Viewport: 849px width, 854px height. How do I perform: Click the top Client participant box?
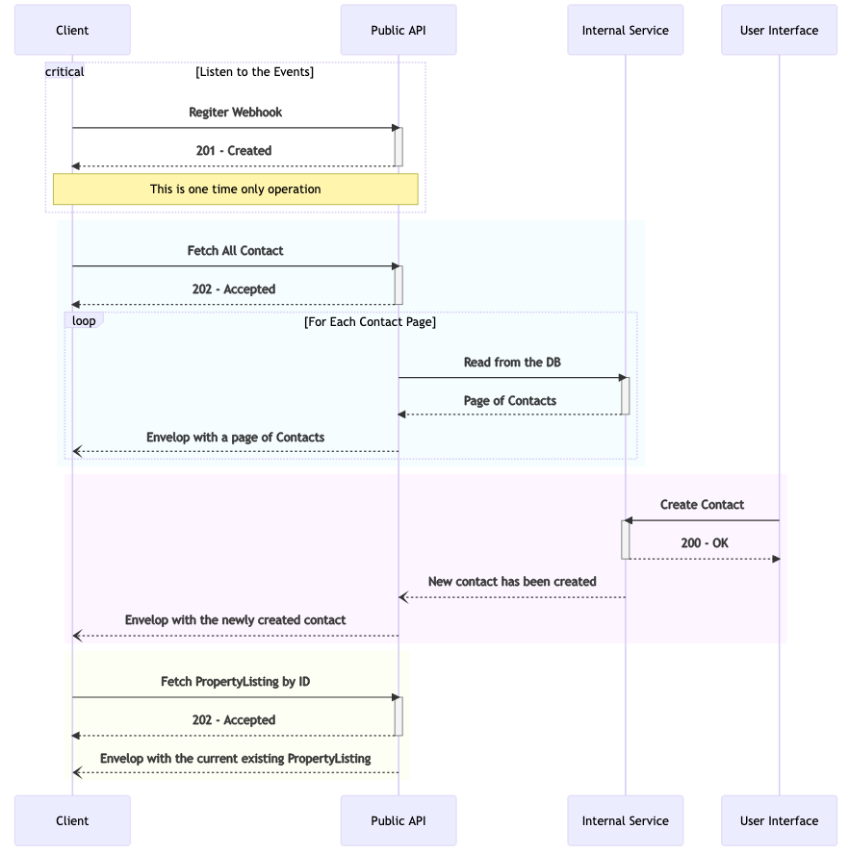point(72,30)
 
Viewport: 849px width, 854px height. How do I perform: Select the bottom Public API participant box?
point(399,820)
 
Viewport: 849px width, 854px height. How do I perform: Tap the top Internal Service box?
point(625,30)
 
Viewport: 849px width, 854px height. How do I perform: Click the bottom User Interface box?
point(779,820)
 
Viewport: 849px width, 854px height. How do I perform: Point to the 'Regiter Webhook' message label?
point(236,113)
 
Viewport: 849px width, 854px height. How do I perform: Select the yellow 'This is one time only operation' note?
point(236,189)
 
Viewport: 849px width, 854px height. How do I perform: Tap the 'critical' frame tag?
point(64,71)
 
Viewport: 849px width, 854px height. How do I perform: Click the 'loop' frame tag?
point(84,320)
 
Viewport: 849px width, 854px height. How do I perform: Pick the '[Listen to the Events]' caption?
point(254,72)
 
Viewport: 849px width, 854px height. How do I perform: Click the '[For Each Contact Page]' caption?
point(370,321)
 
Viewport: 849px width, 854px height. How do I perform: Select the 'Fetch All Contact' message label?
point(236,251)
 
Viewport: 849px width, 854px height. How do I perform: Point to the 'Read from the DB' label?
point(512,363)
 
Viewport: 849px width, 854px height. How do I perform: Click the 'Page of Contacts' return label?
point(510,401)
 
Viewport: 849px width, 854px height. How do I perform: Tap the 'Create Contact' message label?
point(702,505)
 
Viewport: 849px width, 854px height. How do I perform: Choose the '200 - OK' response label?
point(705,543)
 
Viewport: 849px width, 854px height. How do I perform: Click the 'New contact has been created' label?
point(512,582)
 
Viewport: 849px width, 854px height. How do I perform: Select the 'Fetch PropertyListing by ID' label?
point(236,682)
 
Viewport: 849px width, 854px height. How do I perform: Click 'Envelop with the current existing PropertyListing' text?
point(236,759)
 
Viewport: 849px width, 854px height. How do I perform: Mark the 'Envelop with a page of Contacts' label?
point(236,438)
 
